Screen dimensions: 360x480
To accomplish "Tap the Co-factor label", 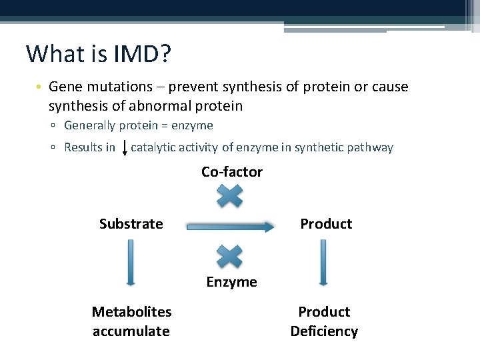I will (232, 172).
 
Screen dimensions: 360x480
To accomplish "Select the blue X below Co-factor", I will (230, 195).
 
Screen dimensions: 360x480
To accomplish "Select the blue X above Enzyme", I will (230, 257).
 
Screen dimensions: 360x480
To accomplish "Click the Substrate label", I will (131, 224).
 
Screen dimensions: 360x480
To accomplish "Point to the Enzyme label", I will (231, 282).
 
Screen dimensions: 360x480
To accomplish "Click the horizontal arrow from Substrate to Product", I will (230, 227).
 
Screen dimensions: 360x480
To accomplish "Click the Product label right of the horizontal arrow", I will (326, 224).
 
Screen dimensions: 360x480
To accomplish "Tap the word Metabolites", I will (131, 312).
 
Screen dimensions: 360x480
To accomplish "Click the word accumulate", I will (131, 331).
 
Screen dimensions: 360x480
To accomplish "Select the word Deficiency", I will (324, 331).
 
